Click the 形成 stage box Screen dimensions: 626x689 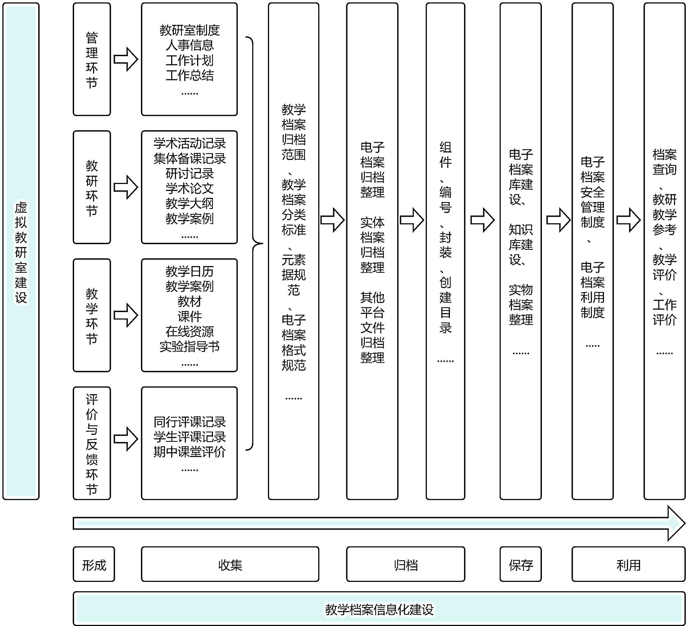pyautogui.click(x=94, y=565)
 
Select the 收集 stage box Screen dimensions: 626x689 pyautogui.click(x=230, y=565)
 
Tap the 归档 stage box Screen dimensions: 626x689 pyautogui.click(x=405, y=565)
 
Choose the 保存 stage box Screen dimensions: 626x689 pyautogui.click(x=521, y=565)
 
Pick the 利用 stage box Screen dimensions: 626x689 pyautogui.click(x=628, y=565)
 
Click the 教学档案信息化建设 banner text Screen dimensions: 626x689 pyautogui.click(x=379, y=609)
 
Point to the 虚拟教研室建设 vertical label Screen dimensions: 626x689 pyautogui.click(x=21, y=252)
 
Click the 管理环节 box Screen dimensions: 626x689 pyautogui.click(x=92, y=60)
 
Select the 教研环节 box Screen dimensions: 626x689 pyautogui.click(x=92, y=187)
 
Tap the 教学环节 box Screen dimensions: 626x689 pyautogui.click(x=92, y=315)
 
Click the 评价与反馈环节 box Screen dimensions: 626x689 pyautogui.click(x=92, y=443)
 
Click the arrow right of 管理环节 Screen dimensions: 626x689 pyautogui.click(x=126, y=59)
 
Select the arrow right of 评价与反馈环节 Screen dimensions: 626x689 pyautogui.click(x=126, y=439)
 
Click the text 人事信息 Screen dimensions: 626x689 pyautogui.click(x=189, y=45)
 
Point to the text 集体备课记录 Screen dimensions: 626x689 pyautogui.click(x=189, y=158)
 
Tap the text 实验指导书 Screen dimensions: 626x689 pyautogui.click(x=189, y=346)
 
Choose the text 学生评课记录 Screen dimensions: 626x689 pyautogui.click(x=189, y=437)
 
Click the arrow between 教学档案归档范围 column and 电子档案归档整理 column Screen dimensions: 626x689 pyautogui.click(x=332, y=220)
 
